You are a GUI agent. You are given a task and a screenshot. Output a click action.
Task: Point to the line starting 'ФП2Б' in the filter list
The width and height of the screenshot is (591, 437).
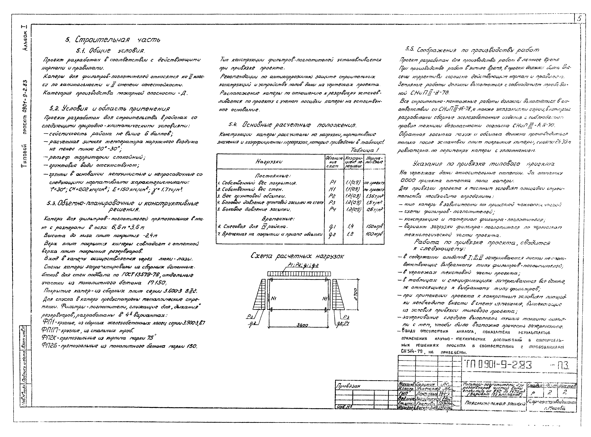119,346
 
